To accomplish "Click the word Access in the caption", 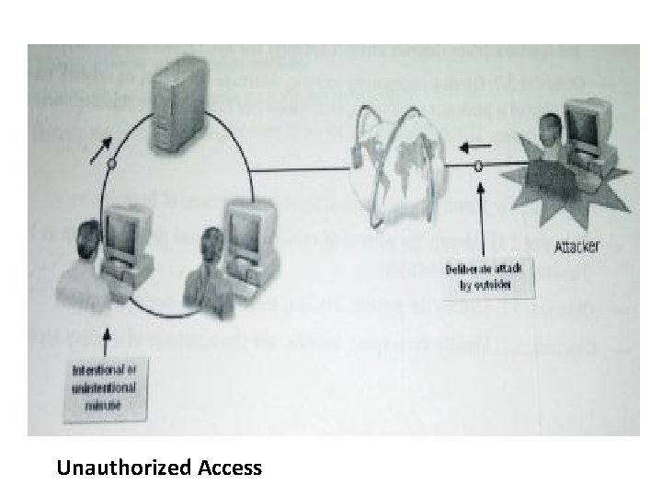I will click(x=229, y=468).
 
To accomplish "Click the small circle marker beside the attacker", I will click(x=479, y=167).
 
